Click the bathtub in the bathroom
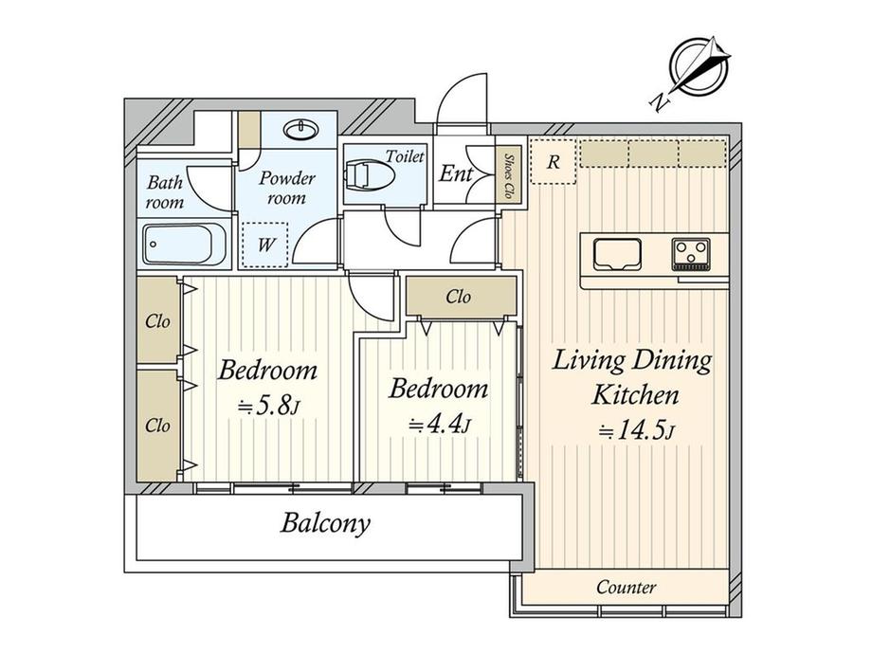[185, 245]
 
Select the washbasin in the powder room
[300, 130]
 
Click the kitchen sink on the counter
[617, 254]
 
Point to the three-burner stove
[691, 254]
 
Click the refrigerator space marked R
[553, 161]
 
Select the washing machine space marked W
[264, 245]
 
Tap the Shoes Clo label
[508, 176]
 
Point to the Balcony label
[325, 523]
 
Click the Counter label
[627, 587]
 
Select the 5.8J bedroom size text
[269, 408]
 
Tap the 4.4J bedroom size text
[440, 426]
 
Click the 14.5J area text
[636, 431]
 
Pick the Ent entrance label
[456, 173]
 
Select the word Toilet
[405, 156]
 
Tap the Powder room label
[287, 188]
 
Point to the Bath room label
[165, 191]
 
